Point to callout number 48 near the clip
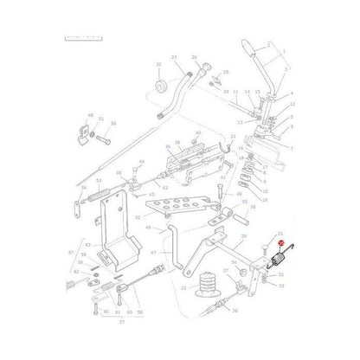click(x=89, y=115)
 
